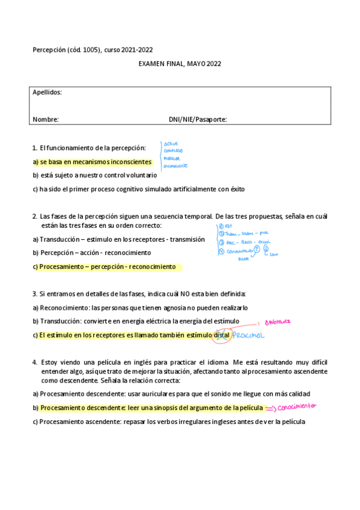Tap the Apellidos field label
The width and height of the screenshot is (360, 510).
click(47, 93)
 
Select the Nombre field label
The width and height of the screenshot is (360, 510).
click(46, 119)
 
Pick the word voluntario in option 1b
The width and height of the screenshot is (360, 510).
click(140, 176)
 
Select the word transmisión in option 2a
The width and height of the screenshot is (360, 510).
click(187, 239)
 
